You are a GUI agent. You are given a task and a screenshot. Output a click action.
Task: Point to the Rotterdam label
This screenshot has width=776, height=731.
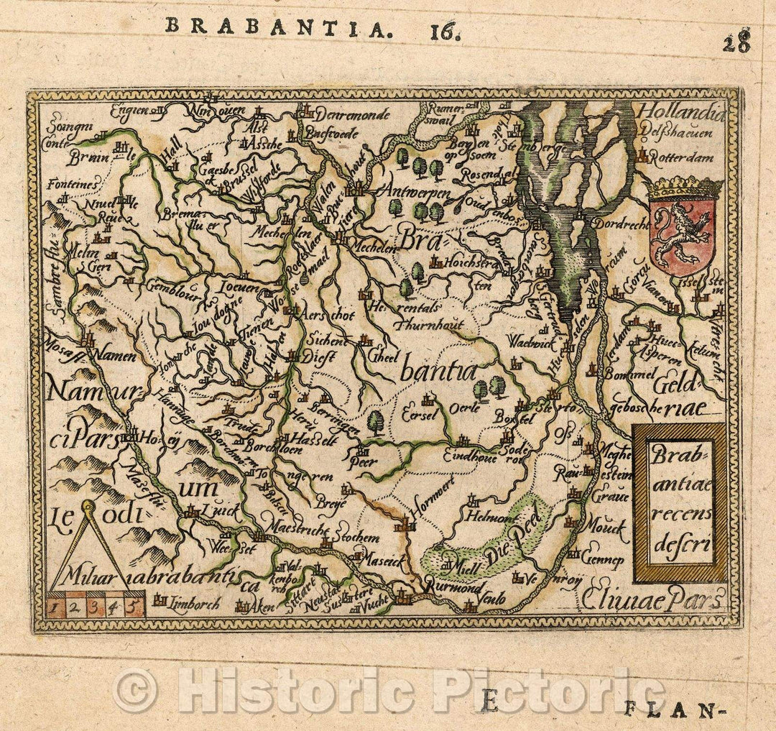point(683,158)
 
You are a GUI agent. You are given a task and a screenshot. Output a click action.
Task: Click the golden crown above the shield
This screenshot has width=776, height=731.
point(684,188)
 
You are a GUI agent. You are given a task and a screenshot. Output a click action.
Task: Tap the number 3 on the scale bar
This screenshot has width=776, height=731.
point(95,606)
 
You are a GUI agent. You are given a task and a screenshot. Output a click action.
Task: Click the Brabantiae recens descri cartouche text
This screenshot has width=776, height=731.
point(679,501)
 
